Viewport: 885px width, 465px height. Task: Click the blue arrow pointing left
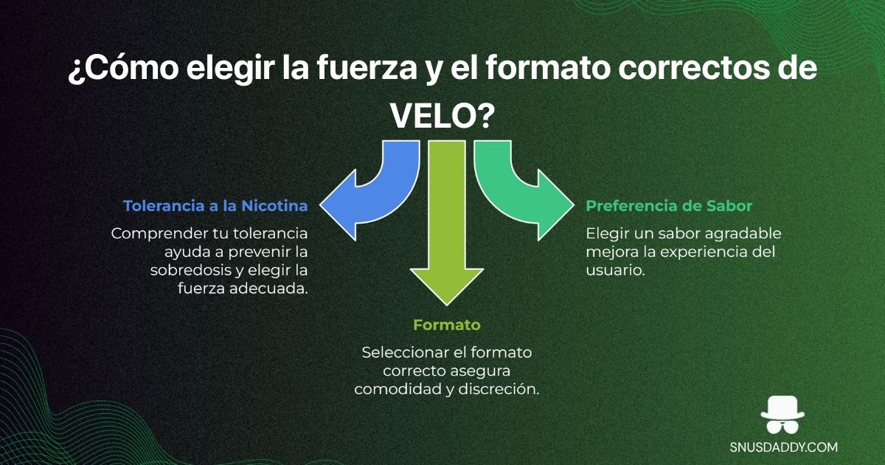pyautogui.click(x=361, y=199)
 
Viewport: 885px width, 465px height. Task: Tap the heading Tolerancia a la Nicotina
pyautogui.click(x=215, y=206)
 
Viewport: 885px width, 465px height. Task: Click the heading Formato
pyautogui.click(x=446, y=325)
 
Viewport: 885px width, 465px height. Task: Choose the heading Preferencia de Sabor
pyautogui.click(x=669, y=206)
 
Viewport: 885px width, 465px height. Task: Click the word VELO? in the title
pyautogui.click(x=442, y=114)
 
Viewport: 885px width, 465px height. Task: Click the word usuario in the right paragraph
pyautogui.click(x=613, y=270)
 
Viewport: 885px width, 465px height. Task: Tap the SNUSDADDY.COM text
pyautogui.click(x=783, y=447)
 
